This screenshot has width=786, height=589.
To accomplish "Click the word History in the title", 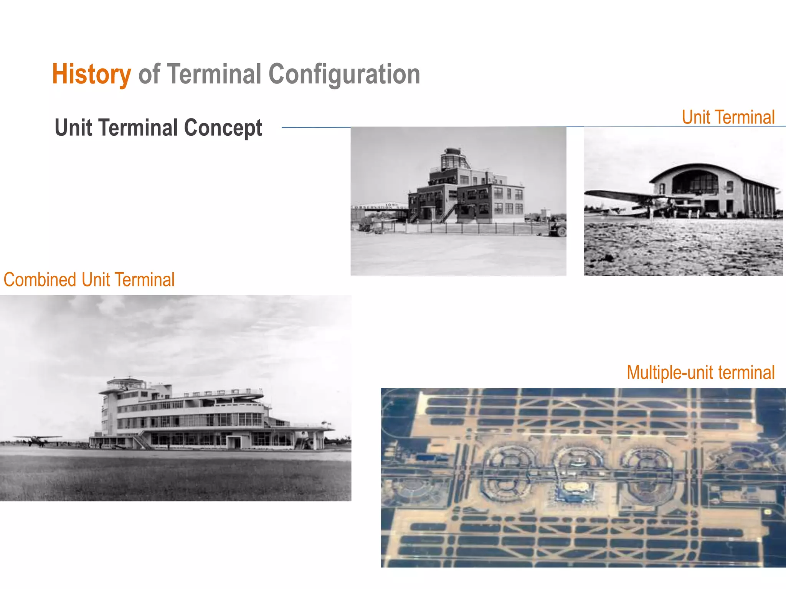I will [91, 74].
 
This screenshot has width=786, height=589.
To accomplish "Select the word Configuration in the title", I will [344, 74].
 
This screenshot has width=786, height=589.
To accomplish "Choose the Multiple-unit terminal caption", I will [700, 372].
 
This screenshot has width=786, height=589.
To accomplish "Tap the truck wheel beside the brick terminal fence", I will [561, 231].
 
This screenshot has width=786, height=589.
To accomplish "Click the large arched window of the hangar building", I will [695, 182].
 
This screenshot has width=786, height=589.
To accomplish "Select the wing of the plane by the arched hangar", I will [622, 195].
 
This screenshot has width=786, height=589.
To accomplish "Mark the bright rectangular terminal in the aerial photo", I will [575, 489].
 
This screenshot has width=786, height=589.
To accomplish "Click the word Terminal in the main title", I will [214, 74].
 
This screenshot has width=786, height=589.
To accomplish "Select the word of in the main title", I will [149, 74].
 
